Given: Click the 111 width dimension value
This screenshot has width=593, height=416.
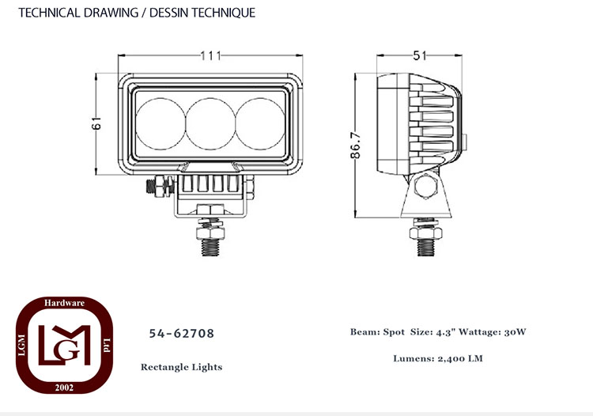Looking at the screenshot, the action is (210, 56).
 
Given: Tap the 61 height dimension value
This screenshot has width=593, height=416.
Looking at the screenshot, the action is (96, 123).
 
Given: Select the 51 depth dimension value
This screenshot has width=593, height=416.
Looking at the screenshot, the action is (420, 56).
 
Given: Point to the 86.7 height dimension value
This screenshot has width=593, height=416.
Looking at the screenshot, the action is (356, 146).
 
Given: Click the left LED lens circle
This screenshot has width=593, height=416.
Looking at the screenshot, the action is (161, 123).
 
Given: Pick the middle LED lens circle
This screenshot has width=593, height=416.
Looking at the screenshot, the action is (210, 123).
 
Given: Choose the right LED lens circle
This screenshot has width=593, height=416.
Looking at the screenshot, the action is (260, 123).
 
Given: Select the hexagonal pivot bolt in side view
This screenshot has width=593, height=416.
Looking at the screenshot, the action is (426, 187).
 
